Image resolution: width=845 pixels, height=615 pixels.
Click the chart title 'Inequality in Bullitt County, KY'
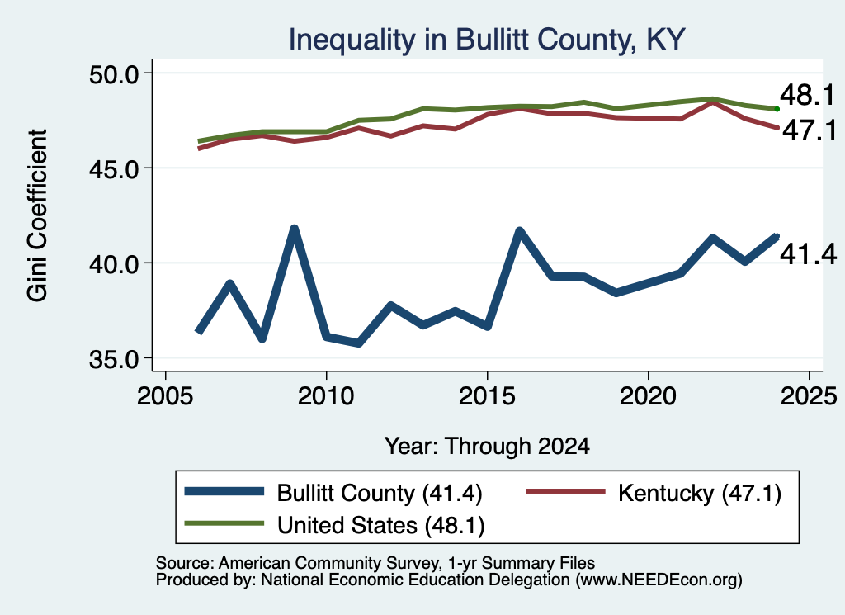(x=487, y=40)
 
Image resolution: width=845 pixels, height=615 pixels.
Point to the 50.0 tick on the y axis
(x=114, y=73)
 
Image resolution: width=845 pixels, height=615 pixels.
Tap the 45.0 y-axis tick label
(x=114, y=168)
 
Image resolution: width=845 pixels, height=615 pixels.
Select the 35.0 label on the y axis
(x=114, y=359)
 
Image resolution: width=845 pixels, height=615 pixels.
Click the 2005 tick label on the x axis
(x=165, y=397)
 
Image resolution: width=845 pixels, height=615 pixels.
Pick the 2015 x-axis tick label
(x=487, y=397)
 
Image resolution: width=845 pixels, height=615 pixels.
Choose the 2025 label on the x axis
(x=809, y=397)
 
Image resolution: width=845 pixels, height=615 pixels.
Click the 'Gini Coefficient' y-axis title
(x=37, y=215)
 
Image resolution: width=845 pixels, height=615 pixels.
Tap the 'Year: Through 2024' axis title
(x=487, y=447)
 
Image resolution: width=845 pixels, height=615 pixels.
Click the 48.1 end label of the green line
(x=807, y=96)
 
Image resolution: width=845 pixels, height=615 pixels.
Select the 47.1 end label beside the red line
(x=810, y=130)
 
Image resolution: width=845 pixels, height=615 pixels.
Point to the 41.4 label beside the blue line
(x=809, y=254)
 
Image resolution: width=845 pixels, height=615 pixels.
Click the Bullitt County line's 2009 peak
(x=295, y=229)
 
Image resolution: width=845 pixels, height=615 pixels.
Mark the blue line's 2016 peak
(x=520, y=231)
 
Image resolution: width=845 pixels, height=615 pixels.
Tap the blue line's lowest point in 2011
(x=358, y=343)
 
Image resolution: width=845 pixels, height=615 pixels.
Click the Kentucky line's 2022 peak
(x=712, y=102)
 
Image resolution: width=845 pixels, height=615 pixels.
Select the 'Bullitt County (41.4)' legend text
(x=380, y=493)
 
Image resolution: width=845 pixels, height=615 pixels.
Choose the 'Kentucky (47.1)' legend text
(x=700, y=493)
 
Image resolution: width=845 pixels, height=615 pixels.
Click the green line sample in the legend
(x=224, y=523)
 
